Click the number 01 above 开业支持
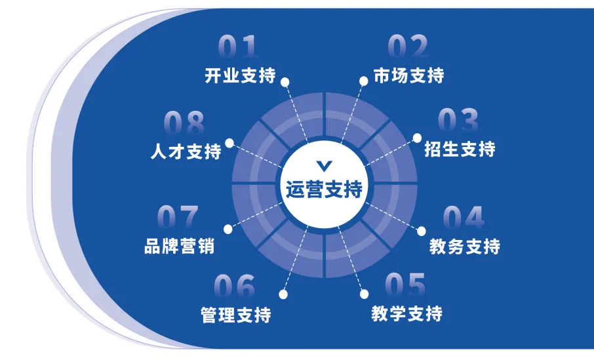pyautogui.click(x=239, y=48)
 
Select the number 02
pyautogui.click(x=408, y=48)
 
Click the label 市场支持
pyautogui.click(x=408, y=75)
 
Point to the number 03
pyautogui.click(x=458, y=121)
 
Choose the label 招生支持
pyautogui.click(x=459, y=149)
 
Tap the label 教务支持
pyautogui.click(x=464, y=247)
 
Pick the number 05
pyautogui.click(x=405, y=285)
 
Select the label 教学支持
pyautogui.click(x=406, y=313)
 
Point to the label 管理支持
pyautogui.click(x=235, y=315)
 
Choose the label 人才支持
pyautogui.click(x=186, y=151)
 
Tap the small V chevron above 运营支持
pyautogui.click(x=324, y=165)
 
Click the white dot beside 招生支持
pyautogui.click(x=418, y=138)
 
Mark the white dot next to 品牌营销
pyautogui.click(x=228, y=229)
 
